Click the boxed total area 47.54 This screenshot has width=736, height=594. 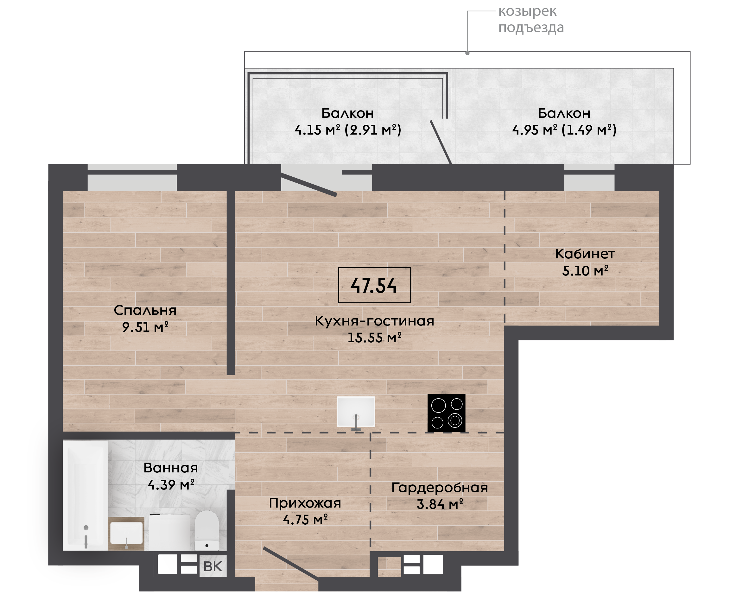click(x=374, y=285)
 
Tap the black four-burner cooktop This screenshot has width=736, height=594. click(x=447, y=413)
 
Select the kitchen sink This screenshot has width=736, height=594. click(x=356, y=412)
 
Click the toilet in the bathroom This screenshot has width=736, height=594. click(x=207, y=530)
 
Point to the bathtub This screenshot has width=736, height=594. click(x=85, y=496)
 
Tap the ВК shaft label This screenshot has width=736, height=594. click(x=213, y=566)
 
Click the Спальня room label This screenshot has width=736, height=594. click(x=145, y=310)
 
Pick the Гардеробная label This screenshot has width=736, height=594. click(x=440, y=488)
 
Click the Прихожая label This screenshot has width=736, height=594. click(x=305, y=503)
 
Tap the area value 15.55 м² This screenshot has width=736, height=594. click(x=374, y=338)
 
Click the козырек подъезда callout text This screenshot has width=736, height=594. click(x=531, y=19)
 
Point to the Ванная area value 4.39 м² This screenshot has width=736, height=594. click(x=171, y=485)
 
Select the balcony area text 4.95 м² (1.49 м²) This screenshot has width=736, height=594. click(x=564, y=130)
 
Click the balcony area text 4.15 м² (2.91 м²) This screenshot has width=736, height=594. click(x=348, y=130)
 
